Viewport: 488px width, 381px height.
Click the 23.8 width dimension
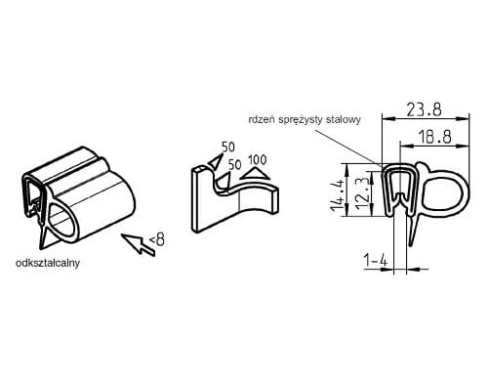pyautogui.click(x=425, y=109)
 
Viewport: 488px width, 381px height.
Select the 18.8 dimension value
pyautogui.click(x=434, y=137)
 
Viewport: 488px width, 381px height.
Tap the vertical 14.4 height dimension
pyautogui.click(x=338, y=190)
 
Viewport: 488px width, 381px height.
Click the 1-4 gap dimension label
pyautogui.click(x=376, y=261)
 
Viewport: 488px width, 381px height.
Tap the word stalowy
pyautogui.click(x=344, y=120)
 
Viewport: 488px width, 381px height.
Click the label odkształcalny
pyautogui.click(x=48, y=263)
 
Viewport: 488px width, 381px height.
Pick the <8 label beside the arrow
pyautogui.click(x=157, y=240)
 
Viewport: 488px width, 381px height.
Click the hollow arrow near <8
pyautogui.click(x=138, y=244)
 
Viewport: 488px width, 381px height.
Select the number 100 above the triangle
pyautogui.click(x=257, y=160)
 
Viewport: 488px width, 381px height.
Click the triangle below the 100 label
pyautogui.click(x=255, y=173)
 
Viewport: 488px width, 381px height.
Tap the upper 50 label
pyautogui.click(x=228, y=147)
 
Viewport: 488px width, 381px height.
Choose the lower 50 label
pyautogui.click(x=235, y=165)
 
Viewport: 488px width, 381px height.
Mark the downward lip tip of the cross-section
pyautogui.click(x=411, y=245)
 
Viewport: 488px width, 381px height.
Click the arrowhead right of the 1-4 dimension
pyautogui.click(x=412, y=269)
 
